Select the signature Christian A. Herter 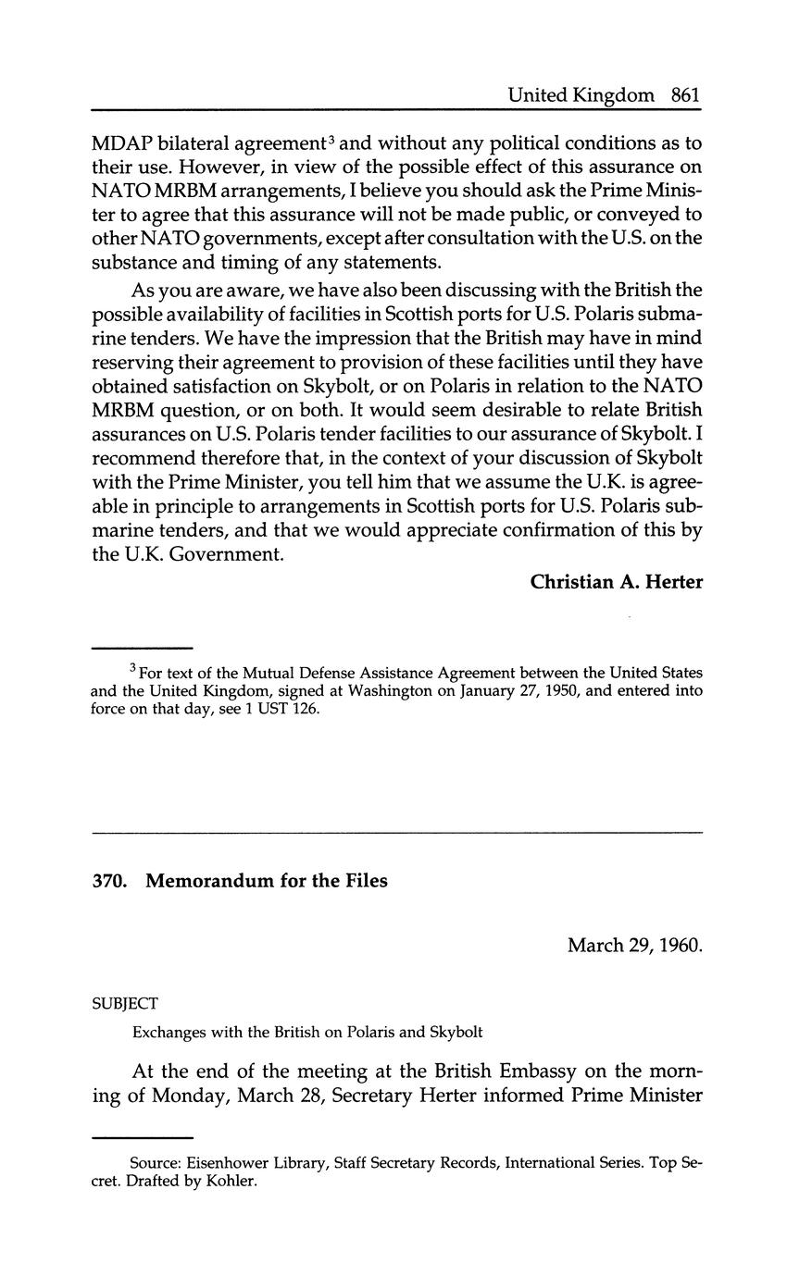616,582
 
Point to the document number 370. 110,881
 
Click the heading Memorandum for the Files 267,881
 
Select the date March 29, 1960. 634,946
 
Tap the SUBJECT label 126,1003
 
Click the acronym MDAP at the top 120,143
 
